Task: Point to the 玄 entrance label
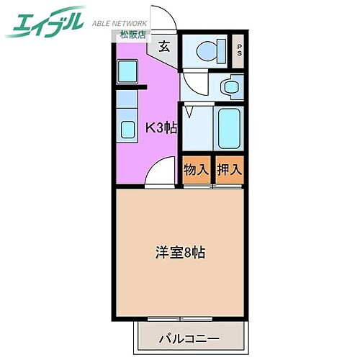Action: (x=163, y=48)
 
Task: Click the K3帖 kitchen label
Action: (x=161, y=129)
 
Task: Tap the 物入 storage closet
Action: (x=197, y=171)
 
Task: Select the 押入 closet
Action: (x=230, y=171)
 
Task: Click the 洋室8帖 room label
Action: (x=180, y=253)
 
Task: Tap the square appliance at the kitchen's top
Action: (x=127, y=72)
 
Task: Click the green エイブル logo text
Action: (x=46, y=23)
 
